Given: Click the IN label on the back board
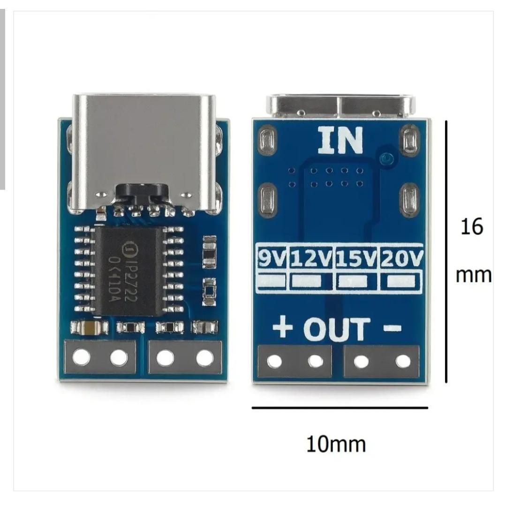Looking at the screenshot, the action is click(341, 140).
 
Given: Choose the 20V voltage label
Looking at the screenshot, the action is click(401, 258).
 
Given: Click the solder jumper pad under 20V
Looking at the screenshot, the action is click(401, 281).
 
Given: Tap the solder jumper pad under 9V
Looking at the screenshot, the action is click(272, 281).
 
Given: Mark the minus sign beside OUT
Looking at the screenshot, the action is click(392, 328).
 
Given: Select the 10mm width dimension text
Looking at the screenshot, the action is click(336, 444).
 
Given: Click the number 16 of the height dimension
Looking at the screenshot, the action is click(472, 227).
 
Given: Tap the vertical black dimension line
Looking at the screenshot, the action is click(446, 251).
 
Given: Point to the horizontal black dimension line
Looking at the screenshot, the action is click(340, 408).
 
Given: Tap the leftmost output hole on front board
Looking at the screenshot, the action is click(82, 356).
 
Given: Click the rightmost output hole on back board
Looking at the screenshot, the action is click(403, 361).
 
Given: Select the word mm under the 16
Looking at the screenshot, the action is click(473, 275).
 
